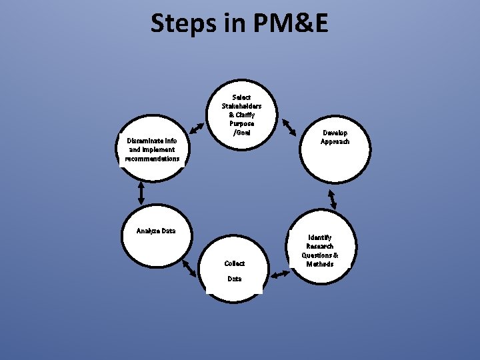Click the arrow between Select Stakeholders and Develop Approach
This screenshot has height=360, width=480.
[x=290, y=126]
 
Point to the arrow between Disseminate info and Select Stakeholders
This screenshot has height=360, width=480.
[x=195, y=127]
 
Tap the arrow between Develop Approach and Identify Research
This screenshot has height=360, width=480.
[x=331, y=199]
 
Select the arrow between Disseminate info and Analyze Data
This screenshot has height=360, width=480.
[x=141, y=193]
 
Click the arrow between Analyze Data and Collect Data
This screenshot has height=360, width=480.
[x=189, y=267]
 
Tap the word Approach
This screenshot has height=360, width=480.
[x=335, y=141]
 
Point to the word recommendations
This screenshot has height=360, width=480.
[x=152, y=159]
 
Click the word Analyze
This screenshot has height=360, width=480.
[x=147, y=231]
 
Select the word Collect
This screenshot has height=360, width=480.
[x=235, y=263]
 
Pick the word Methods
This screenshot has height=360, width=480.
[x=320, y=264]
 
